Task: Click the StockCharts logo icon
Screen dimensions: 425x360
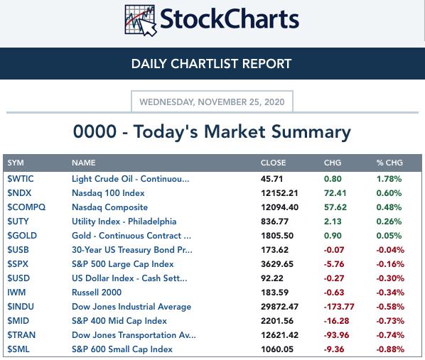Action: point(141,21)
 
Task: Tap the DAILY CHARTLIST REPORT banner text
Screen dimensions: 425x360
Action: point(211,64)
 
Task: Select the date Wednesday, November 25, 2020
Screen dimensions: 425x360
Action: point(212,102)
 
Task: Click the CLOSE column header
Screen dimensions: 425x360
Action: point(273,163)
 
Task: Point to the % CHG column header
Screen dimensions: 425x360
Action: point(389,163)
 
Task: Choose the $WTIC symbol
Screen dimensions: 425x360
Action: point(21,179)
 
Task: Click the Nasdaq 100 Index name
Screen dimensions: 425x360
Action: point(108,193)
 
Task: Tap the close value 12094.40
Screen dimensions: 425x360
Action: point(280,207)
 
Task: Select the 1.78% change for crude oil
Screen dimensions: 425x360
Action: point(389,179)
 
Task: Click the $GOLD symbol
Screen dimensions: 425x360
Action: point(22,236)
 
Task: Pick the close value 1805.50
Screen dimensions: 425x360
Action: point(277,236)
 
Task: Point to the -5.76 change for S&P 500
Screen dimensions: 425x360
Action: point(334,264)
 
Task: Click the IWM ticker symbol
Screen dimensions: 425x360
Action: point(16,293)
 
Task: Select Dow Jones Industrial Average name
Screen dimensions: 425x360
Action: point(131,307)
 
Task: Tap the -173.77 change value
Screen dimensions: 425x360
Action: point(339,307)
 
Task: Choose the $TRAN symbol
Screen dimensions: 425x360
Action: point(21,335)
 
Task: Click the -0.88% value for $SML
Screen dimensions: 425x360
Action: point(390,349)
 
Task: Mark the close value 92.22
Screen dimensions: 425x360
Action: point(272,278)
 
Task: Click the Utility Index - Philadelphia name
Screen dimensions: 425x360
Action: point(124,222)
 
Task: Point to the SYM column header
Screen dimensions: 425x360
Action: point(16,163)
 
